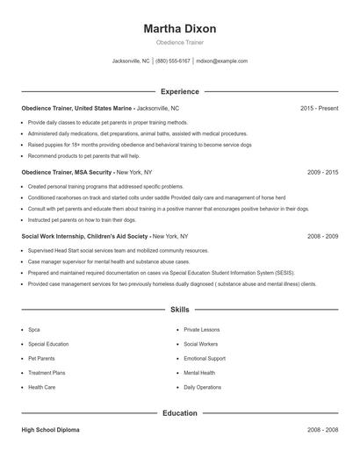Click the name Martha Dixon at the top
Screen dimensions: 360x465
[x=179, y=29]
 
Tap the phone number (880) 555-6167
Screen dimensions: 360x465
[x=173, y=61]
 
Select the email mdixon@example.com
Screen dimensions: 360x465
[x=221, y=61]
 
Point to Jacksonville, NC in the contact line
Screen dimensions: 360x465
[x=131, y=61]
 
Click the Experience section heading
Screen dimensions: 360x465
[x=179, y=91]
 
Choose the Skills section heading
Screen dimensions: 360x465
[x=179, y=310]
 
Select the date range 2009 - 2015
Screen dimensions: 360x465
[x=322, y=172]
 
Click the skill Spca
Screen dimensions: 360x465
[x=34, y=330]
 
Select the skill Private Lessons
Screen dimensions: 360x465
[x=202, y=330]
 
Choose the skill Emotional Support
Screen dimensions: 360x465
[x=205, y=358]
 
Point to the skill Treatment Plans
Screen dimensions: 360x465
[x=47, y=372]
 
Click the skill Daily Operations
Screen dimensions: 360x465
[x=203, y=386]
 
